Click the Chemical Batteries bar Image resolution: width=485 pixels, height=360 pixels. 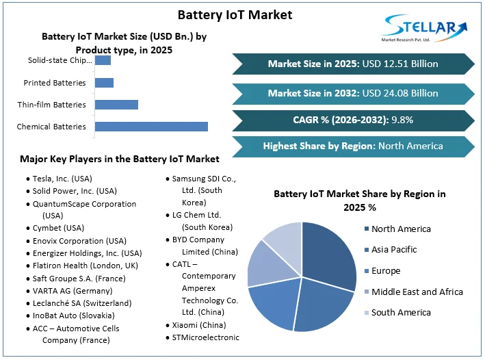coord(150,127)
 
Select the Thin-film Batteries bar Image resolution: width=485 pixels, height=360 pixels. coord(116,105)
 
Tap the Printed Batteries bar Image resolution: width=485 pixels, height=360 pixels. coord(104,83)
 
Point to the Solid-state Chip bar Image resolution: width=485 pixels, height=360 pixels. coord(103,60)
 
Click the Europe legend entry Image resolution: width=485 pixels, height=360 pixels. coord(386,271)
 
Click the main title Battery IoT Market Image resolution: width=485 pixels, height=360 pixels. coord(235,14)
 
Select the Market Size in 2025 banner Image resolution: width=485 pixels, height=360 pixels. coord(353,64)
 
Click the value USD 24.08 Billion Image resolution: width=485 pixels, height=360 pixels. coord(400,93)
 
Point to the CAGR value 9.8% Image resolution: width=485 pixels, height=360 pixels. coord(402,120)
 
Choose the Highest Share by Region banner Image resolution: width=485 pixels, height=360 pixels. coord(353,146)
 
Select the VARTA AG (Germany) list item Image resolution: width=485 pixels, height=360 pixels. coord(73,290)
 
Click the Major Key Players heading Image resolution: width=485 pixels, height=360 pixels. coord(120,159)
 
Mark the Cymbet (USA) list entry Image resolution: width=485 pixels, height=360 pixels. coord(58,228)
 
